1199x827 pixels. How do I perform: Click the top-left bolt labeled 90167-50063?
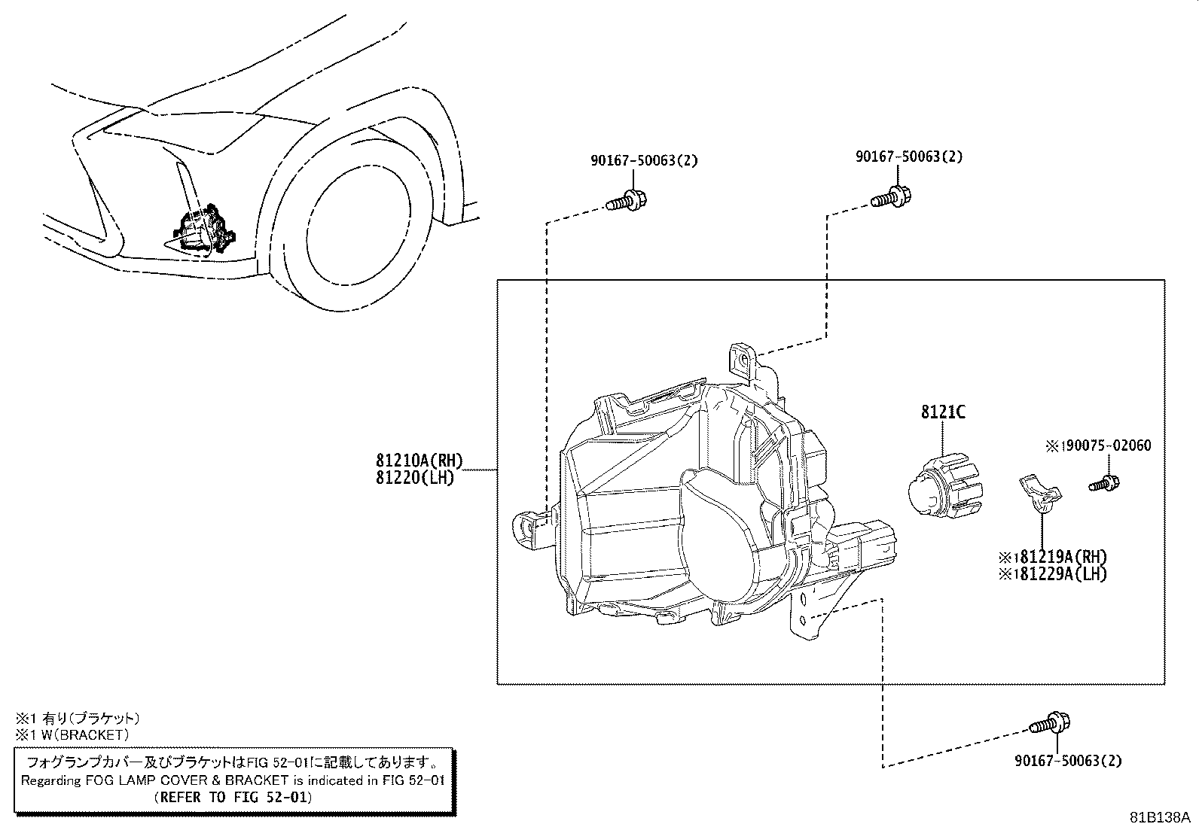627,202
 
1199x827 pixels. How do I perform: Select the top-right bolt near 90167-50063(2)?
892,199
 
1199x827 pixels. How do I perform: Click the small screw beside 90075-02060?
1105,482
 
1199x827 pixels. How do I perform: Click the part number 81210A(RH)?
419,461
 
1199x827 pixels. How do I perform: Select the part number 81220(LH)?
415,477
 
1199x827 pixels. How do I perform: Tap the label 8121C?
942,412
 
